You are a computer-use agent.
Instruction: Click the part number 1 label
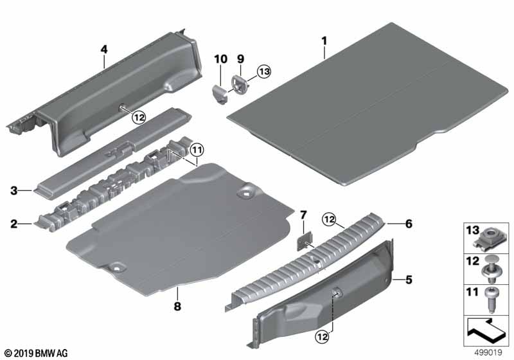(x=324, y=41)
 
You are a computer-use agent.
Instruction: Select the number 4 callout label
(x=104, y=50)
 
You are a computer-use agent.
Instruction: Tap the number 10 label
(x=220, y=59)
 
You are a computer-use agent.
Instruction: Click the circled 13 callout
(x=264, y=71)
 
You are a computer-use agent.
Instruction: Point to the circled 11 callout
(x=197, y=150)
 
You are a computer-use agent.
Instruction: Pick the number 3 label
(x=13, y=190)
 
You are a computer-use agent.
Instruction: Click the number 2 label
(x=13, y=224)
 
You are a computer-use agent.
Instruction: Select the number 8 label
(x=177, y=306)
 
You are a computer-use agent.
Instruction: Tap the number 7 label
(x=303, y=215)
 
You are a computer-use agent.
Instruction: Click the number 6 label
(x=409, y=224)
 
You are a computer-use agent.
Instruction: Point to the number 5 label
(x=409, y=280)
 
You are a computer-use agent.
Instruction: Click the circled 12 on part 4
(x=139, y=117)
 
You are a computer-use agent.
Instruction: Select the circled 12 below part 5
(x=322, y=336)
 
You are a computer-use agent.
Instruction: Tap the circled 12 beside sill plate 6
(x=329, y=219)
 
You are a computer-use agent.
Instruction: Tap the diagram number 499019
(x=488, y=353)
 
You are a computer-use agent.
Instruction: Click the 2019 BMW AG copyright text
(x=37, y=353)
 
